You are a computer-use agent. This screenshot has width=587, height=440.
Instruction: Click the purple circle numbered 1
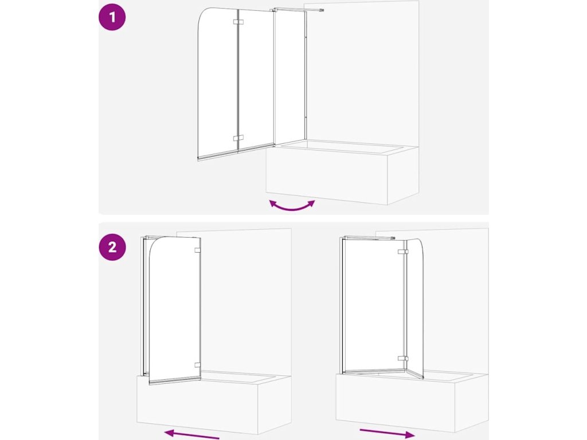[x=112, y=17]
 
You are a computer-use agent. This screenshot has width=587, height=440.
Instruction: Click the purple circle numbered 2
[x=112, y=247]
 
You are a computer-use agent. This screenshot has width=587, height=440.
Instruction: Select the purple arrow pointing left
[x=191, y=435]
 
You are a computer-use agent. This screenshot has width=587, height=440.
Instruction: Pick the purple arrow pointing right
[x=387, y=433]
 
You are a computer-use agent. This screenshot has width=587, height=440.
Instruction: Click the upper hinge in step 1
[x=238, y=22]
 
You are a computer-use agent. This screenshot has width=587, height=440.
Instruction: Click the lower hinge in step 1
[x=238, y=138]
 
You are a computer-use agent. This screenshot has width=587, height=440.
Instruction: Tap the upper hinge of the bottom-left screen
[x=197, y=250]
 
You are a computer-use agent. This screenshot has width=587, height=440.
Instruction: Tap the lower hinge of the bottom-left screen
[x=197, y=365]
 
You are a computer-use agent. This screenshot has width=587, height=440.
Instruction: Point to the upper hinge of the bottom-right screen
[x=403, y=252]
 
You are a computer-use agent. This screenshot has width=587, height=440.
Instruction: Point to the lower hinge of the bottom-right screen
[x=403, y=358]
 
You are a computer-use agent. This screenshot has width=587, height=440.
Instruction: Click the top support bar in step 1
[x=298, y=10]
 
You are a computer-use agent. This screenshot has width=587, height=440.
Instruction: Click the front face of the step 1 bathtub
[x=326, y=176]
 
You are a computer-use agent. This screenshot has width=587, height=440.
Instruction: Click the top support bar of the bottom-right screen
[x=369, y=237]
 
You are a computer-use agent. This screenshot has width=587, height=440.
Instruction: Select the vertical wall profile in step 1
[x=306, y=75]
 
